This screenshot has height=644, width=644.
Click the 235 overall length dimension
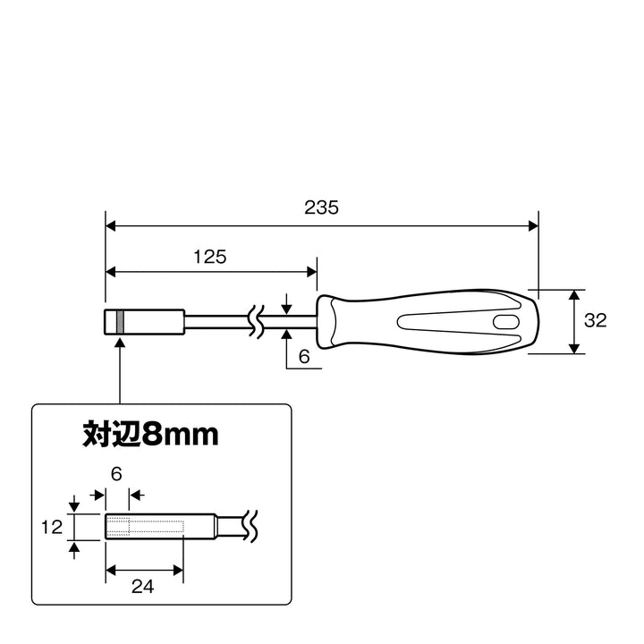321,208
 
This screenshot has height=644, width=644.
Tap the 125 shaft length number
210,257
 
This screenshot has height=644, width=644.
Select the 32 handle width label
595,320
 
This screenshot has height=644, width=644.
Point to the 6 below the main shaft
304,357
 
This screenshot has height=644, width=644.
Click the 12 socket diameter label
52,527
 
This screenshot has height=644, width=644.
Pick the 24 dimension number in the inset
142,587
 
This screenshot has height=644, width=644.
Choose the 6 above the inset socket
116,474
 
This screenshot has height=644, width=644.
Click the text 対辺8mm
150,434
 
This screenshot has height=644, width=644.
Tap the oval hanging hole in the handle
505,322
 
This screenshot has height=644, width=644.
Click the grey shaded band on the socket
120,322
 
